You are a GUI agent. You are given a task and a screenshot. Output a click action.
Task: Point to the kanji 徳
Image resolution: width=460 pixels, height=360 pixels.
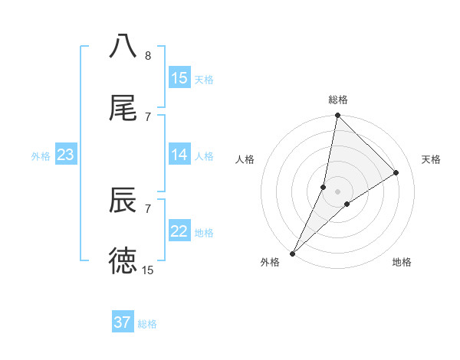click(123, 261)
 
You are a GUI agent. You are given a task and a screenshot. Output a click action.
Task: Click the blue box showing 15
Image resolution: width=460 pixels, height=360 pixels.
click(179, 78)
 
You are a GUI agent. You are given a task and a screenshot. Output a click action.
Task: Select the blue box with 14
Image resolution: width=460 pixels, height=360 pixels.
click(179, 155)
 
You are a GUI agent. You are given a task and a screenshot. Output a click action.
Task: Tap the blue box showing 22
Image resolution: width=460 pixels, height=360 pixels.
click(179, 231)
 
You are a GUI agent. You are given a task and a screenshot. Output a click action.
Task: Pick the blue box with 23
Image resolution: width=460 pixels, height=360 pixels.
click(65, 155)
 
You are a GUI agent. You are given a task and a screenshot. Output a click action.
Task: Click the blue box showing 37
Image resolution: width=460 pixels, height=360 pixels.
click(123, 322)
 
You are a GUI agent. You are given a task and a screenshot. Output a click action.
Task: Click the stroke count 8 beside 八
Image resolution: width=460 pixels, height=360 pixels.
click(148, 56)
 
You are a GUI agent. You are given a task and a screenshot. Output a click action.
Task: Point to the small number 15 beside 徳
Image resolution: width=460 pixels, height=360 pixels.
click(148, 270)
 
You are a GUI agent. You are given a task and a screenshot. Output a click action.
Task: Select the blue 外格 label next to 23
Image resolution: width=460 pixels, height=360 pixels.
click(41, 155)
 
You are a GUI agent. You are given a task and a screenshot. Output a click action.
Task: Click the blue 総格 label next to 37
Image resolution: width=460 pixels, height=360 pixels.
click(147, 323)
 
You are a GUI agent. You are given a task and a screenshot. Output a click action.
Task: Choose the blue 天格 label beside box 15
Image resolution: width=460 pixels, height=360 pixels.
click(204, 79)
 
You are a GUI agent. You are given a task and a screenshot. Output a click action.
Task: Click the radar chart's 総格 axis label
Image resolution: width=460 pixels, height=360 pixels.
click(338, 100)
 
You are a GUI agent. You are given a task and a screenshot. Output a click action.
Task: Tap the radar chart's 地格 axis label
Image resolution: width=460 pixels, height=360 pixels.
click(402, 263)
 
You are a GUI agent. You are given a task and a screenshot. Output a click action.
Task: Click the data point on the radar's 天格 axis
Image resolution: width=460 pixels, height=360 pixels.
click(396, 172)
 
